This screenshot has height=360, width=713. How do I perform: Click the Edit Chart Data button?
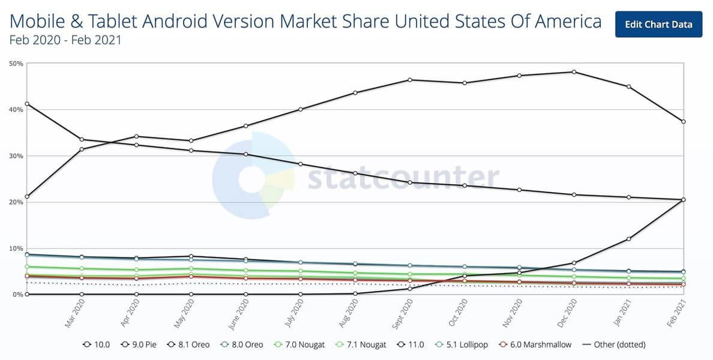coord(658,24)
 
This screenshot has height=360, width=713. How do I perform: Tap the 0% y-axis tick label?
coord(16,295)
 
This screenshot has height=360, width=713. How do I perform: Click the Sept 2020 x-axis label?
coord(402,313)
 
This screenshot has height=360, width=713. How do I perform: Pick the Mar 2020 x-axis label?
coord(74,313)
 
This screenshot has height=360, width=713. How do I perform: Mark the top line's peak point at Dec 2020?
coord(574,72)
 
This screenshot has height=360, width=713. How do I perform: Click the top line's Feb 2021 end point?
coord(684,122)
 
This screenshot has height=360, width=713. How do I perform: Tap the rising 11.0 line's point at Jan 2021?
coord(629,239)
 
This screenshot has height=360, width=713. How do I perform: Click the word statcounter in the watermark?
coord(403,178)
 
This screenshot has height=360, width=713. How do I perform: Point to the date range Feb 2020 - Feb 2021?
coord(66,41)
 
